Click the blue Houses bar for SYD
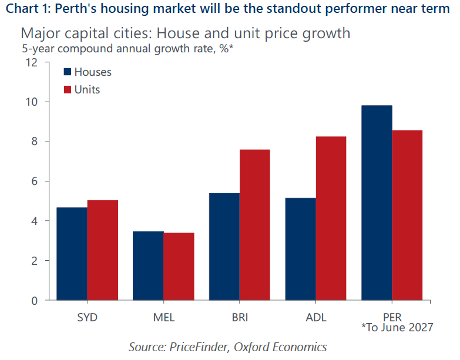(x=72, y=254)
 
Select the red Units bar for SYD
(x=103, y=250)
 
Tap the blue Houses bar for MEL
(x=148, y=265)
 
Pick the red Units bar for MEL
(x=179, y=267)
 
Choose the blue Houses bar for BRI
(x=224, y=247)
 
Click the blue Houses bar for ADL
(x=300, y=249)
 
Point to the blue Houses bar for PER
(x=377, y=203)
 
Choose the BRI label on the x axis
(x=240, y=317)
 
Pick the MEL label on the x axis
(x=163, y=317)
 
